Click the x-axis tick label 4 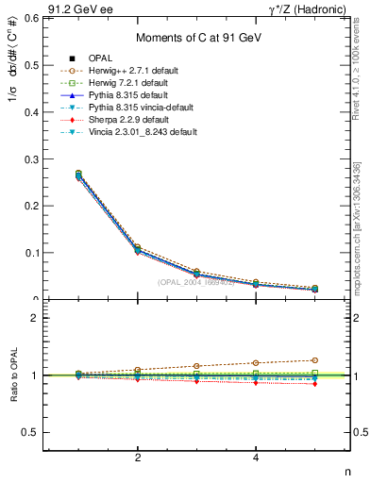point(256,458)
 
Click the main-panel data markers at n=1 point(78,175)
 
